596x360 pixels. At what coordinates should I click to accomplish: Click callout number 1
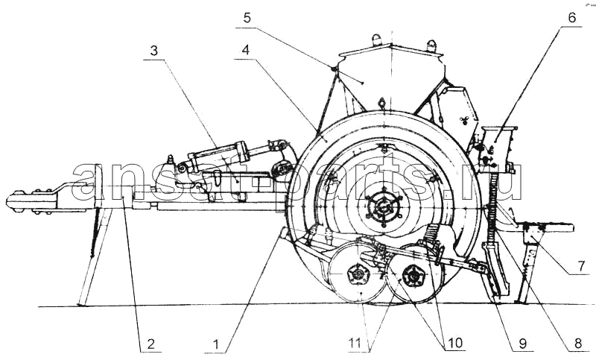pyautogui.click(x=216, y=344)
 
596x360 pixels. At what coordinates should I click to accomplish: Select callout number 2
pyautogui.click(x=151, y=344)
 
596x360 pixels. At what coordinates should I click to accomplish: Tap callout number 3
pyautogui.click(x=154, y=51)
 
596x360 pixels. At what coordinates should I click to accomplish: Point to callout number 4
pyautogui.click(x=246, y=50)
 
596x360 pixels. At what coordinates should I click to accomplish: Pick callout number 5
pyautogui.click(x=247, y=18)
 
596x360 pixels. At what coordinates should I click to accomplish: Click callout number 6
pyautogui.click(x=572, y=17)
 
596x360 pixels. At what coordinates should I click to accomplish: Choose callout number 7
pyautogui.click(x=582, y=266)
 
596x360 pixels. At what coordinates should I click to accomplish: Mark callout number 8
pyautogui.click(x=578, y=344)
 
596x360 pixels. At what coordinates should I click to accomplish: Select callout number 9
pyautogui.click(x=523, y=344)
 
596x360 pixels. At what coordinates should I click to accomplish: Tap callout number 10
pyautogui.click(x=455, y=343)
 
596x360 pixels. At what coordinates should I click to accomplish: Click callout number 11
pyautogui.click(x=355, y=344)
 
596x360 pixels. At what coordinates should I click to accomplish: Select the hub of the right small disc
pyautogui.click(x=413, y=274)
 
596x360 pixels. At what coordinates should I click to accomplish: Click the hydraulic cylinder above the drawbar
pyautogui.click(x=218, y=154)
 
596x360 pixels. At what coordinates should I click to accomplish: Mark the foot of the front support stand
pyautogui.click(x=80, y=304)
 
